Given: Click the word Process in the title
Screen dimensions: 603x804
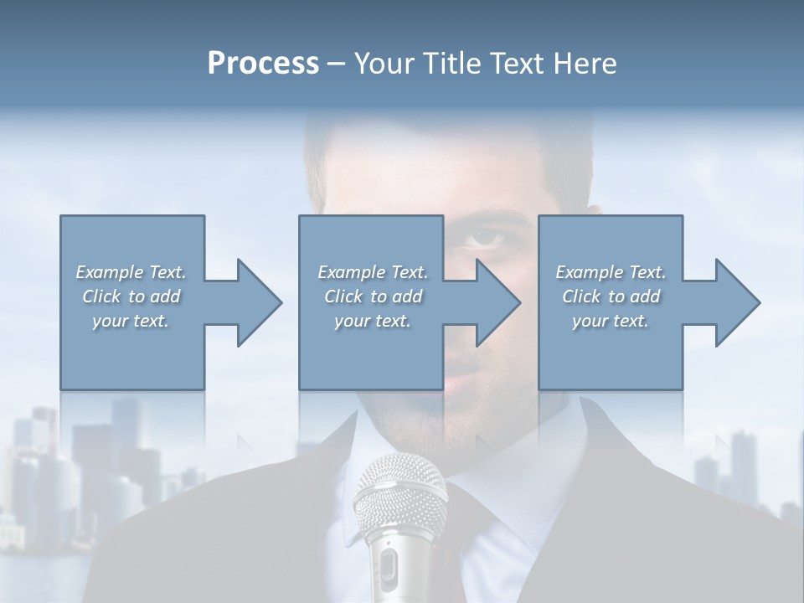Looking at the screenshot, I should point(263,64).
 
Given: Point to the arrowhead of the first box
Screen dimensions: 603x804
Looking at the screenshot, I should point(257,302).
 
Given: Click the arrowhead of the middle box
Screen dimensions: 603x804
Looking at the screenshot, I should point(497,302).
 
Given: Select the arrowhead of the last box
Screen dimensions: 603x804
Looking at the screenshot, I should point(736,302).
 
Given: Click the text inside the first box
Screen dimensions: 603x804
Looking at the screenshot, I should point(131,296).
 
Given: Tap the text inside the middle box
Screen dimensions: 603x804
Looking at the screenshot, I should point(373,296).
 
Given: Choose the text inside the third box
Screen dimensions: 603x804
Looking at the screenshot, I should point(611,296).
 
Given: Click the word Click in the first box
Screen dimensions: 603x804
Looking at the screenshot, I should point(102,296).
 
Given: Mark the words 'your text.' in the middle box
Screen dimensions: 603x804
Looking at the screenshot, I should point(373,321).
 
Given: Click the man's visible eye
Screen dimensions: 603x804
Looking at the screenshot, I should point(486,240).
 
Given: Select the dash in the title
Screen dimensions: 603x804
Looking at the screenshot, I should point(337,64).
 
